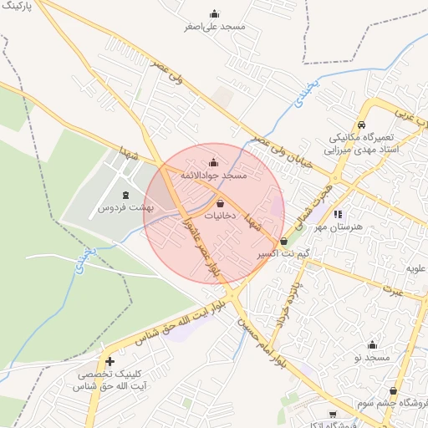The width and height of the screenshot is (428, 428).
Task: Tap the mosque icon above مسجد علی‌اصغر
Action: coord(214,13)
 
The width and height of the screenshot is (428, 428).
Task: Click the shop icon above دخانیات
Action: coord(220,203)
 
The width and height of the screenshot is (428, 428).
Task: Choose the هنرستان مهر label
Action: coord(344,227)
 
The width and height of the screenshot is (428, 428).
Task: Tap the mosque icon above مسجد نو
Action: coord(373,344)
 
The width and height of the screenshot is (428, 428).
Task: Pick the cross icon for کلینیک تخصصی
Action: coord(110,361)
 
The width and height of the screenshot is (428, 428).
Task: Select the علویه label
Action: coord(415,268)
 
